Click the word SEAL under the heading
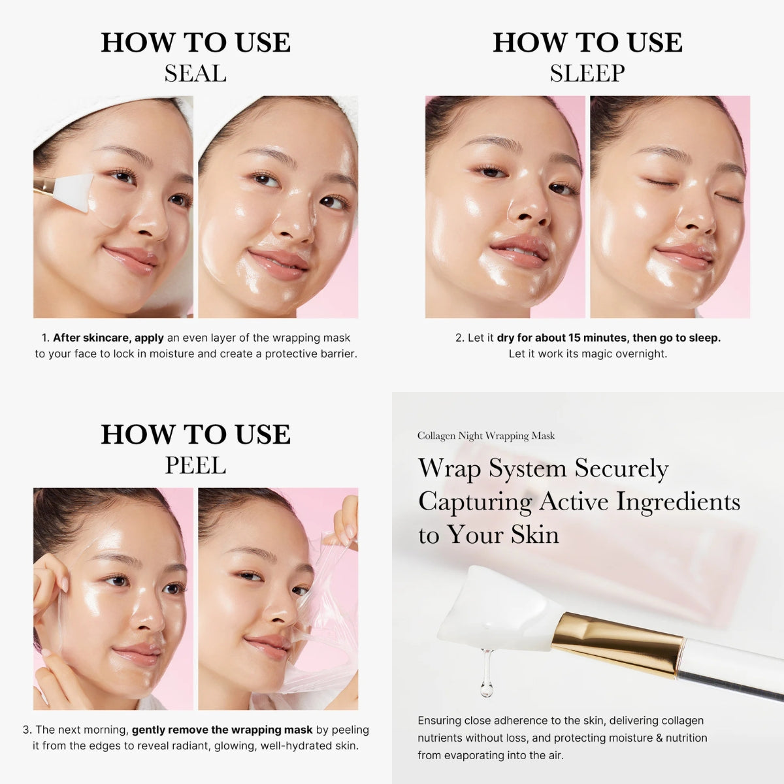(195, 73)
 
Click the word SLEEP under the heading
(587, 73)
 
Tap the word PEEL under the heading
(195, 465)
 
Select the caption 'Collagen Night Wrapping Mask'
(486, 436)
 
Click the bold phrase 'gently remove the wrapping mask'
(222, 730)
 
